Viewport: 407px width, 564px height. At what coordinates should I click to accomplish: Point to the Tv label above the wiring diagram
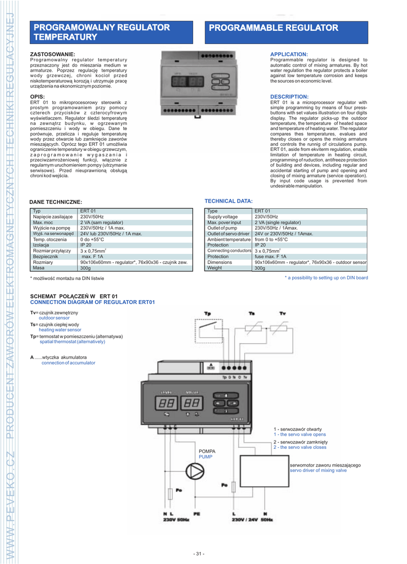click(283, 313)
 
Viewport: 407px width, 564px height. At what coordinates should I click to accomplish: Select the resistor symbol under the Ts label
click(256, 329)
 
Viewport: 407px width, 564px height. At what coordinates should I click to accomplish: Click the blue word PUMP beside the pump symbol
click(205, 457)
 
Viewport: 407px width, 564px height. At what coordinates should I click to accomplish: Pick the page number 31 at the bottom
click(199, 554)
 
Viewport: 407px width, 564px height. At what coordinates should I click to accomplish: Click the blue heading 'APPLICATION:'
click(289, 54)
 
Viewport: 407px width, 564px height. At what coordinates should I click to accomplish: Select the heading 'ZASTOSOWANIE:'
click(52, 54)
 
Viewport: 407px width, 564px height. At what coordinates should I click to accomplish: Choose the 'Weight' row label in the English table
click(215, 268)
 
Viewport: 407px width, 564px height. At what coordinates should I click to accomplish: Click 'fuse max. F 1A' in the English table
click(271, 257)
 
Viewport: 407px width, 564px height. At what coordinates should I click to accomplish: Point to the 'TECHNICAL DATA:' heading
click(228, 201)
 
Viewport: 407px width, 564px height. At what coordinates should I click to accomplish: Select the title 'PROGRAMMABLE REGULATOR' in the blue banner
click(273, 28)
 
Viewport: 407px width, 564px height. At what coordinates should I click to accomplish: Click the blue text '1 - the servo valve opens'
click(300, 435)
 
